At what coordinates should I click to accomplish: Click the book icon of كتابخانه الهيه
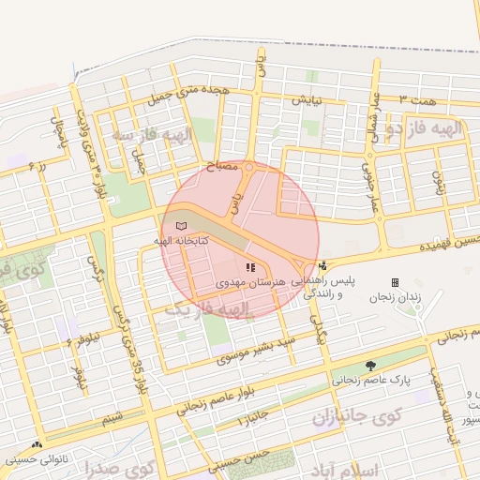[x=181, y=226]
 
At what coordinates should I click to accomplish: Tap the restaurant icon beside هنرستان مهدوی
[x=249, y=267]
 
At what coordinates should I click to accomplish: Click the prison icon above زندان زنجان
[x=395, y=282]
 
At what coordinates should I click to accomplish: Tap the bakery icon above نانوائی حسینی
[x=37, y=446]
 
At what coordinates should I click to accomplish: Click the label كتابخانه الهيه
[x=181, y=241]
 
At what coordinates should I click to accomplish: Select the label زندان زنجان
[x=395, y=297]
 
